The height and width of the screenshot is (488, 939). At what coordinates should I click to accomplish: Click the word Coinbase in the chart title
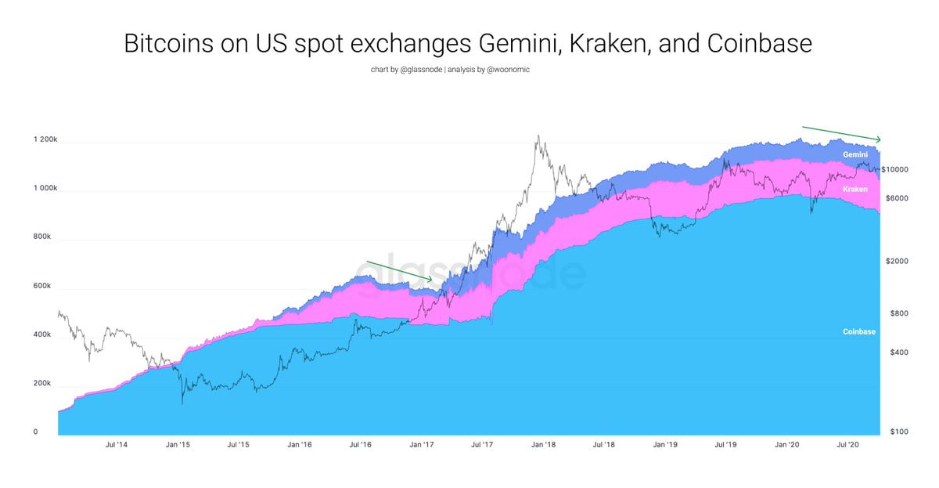759,44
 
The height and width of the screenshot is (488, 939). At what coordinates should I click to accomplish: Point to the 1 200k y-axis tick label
45,140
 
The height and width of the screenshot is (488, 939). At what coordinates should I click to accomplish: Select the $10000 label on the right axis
894,169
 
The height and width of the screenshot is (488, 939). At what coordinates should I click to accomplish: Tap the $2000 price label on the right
897,262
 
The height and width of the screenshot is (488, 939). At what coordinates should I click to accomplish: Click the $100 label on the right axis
897,432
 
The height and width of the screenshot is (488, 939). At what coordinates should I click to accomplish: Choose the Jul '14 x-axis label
117,444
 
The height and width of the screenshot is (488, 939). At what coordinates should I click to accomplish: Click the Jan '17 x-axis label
422,444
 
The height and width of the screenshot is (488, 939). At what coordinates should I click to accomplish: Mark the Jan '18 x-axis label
543,444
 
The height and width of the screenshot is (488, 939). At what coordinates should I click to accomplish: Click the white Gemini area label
854,155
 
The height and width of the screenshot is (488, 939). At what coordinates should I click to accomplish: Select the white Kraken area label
854,190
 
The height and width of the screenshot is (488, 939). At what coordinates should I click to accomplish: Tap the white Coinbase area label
858,332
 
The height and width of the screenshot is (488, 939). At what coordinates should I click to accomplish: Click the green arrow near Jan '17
399,269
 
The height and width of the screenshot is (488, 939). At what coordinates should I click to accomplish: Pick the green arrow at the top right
842,133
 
